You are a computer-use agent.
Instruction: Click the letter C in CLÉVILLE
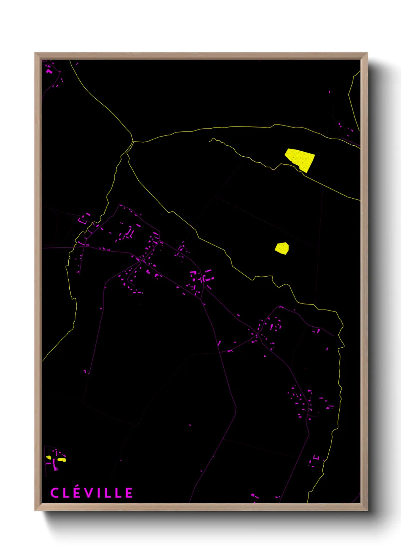coord(55,493)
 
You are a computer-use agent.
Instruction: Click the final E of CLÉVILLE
coord(129,493)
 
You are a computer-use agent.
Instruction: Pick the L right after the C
coord(66,493)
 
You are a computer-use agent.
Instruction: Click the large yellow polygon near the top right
coord(300,159)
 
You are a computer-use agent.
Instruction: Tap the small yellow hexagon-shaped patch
coord(282,248)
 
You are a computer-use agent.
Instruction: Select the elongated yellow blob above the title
coord(62,460)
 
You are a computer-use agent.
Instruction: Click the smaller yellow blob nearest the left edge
coord(49,457)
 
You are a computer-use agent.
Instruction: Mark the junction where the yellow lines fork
coord(133,142)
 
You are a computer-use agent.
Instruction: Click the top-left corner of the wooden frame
coord(35,53)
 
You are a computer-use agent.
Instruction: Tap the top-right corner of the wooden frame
coord(367,53)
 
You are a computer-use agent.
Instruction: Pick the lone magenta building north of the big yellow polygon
coord(329,92)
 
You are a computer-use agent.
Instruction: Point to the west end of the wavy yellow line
coord(210,140)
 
